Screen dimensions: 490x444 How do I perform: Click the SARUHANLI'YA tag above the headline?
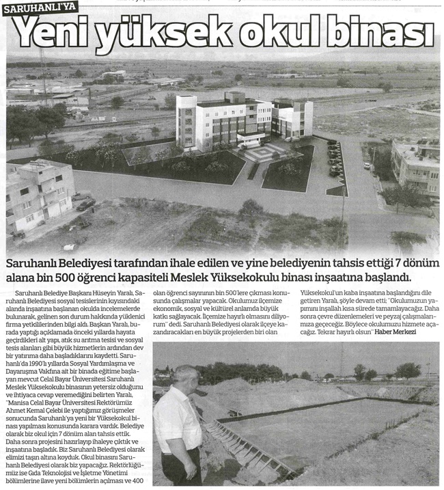(x=40, y=9)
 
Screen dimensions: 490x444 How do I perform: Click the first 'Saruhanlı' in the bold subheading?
(x=36, y=263)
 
